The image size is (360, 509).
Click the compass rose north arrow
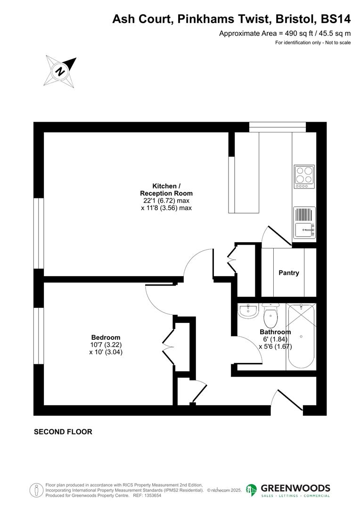pos(60,71)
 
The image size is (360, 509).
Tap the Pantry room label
pos(288,273)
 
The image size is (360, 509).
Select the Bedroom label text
pos(106,337)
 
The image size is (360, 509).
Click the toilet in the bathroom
pos(271,316)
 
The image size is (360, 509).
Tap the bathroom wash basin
pos(248,311)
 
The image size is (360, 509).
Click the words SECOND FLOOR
pos(63,432)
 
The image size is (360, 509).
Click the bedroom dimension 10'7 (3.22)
pos(106,345)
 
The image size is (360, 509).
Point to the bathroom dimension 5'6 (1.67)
pos(275,346)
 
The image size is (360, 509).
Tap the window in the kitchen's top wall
pos(277,127)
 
